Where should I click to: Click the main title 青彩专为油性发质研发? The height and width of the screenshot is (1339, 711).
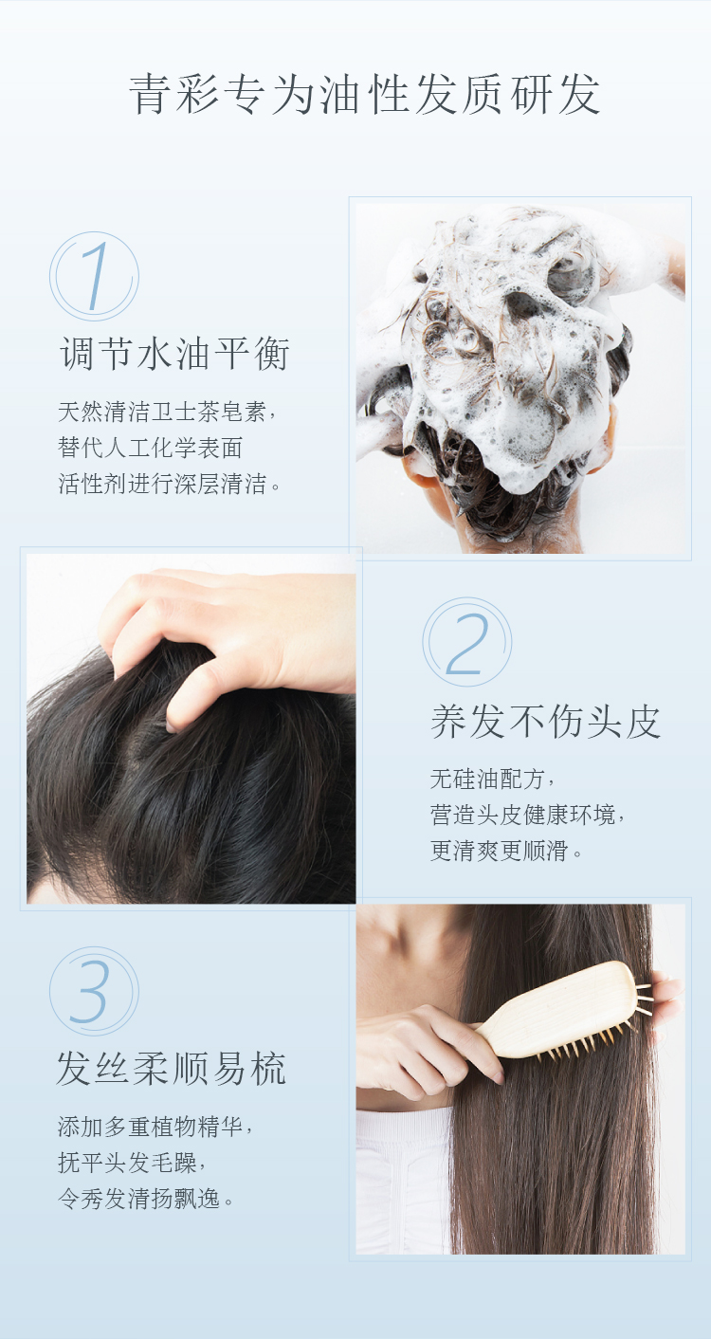click(x=364, y=95)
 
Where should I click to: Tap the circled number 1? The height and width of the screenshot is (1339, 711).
click(x=95, y=276)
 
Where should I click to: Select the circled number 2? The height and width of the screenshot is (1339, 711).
click(x=467, y=642)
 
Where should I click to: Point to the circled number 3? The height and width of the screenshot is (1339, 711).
click(x=95, y=991)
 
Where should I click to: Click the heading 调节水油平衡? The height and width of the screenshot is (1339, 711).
click(x=174, y=354)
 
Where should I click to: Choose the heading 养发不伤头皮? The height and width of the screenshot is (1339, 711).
click(x=545, y=722)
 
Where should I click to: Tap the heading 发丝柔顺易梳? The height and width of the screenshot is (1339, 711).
click(x=173, y=1069)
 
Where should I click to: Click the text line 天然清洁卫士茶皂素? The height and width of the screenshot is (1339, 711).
click(x=167, y=412)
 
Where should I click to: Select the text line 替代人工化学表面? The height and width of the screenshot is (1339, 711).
click(x=150, y=448)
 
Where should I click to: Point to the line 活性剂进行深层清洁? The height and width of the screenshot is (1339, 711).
click(x=169, y=483)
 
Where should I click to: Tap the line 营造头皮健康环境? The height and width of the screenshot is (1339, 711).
click(x=527, y=815)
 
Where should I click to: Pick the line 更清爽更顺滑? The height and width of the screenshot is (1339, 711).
click(x=505, y=850)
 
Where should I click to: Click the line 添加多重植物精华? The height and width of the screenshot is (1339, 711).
click(x=155, y=1127)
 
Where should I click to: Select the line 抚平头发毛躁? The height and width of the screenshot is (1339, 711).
click(x=132, y=1162)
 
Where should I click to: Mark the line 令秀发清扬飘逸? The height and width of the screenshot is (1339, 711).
click(x=145, y=1198)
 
